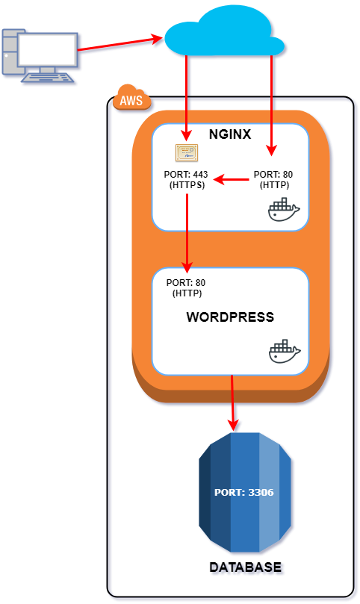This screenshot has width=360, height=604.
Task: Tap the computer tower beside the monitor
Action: pos(9,52)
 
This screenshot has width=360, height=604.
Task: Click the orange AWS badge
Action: pos(131,99)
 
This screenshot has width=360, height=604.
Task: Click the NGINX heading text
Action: pos(229,135)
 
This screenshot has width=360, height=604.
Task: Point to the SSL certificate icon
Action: pos(187,153)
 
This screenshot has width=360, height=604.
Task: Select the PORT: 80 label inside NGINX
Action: pos(274,179)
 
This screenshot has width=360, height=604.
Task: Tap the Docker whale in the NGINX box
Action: pos(283,211)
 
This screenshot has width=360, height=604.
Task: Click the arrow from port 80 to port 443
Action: pos(231,179)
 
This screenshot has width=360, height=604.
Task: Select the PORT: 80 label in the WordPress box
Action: pos(186,287)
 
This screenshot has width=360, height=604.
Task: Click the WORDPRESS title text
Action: pos(229,317)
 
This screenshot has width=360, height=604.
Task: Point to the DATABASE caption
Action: pos(245,567)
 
